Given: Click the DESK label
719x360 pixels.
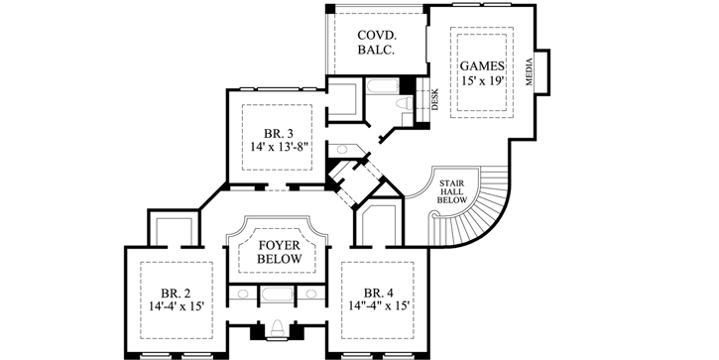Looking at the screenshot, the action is (433, 98).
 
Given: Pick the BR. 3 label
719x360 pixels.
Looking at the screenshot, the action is (279, 132).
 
